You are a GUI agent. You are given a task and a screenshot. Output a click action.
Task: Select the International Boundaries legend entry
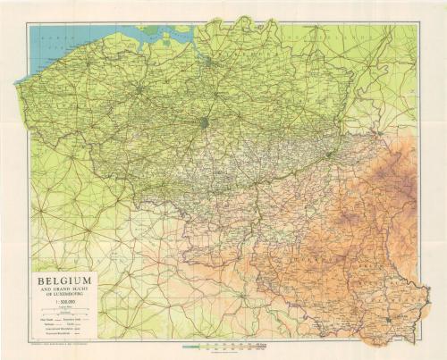[56, 331]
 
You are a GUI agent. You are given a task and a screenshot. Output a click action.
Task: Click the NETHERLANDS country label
[268, 40]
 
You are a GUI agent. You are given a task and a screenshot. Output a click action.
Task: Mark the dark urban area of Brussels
[205, 122]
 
